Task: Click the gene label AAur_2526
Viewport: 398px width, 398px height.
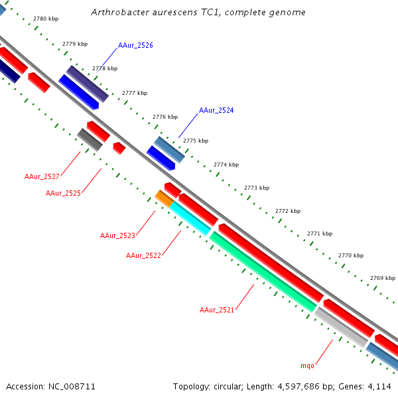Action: pos(135,46)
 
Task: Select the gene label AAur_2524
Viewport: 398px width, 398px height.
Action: pos(216,110)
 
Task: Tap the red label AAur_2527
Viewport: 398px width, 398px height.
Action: pos(42,176)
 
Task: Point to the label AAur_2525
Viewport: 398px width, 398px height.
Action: pos(63,193)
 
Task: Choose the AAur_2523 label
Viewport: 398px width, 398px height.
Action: pos(117,235)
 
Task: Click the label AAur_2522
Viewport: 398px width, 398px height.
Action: pos(143,255)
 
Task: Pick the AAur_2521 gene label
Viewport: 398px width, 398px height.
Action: pos(217,310)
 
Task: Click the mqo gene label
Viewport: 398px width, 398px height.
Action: pos(307,365)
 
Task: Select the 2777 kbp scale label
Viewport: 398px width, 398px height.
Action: pos(135,93)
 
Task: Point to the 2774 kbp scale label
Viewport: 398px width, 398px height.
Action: pos(226,165)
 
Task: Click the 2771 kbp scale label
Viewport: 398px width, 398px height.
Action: pos(319,233)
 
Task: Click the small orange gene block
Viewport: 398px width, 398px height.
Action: pos(164,197)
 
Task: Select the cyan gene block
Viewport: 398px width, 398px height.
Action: pos(190,218)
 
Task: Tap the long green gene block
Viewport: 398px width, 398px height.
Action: pos(263,271)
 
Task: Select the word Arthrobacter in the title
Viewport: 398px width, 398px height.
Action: pos(117,13)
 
